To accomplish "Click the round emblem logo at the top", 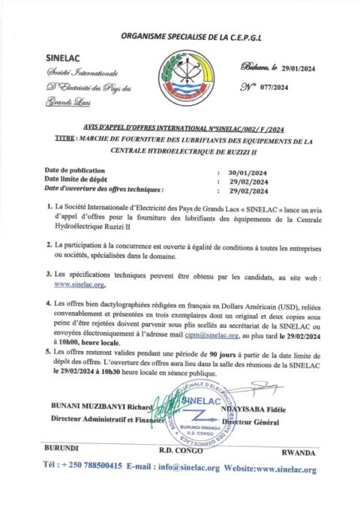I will [x=182, y=79].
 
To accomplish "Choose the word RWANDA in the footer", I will [x=299, y=454].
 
